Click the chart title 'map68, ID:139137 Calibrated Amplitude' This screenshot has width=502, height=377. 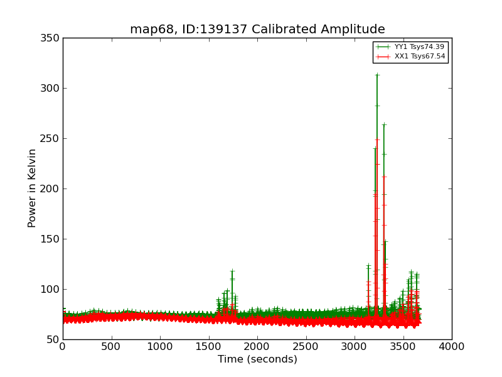[x=257, y=30]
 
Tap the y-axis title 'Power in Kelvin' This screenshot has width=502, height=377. [x=32, y=188]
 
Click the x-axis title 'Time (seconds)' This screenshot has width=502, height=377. [x=257, y=359]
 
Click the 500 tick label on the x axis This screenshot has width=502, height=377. [x=111, y=346]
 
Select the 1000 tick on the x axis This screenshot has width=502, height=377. [x=160, y=346]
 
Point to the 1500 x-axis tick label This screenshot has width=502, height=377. [x=208, y=346]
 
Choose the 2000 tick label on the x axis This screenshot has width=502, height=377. [x=257, y=346]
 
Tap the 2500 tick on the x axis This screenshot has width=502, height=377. [x=306, y=346]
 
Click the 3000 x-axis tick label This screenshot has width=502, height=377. [x=355, y=346]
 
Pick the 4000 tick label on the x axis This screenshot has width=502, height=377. [x=452, y=346]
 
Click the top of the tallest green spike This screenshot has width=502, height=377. [x=377, y=75]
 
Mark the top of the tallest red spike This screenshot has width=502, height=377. [x=377, y=139]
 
